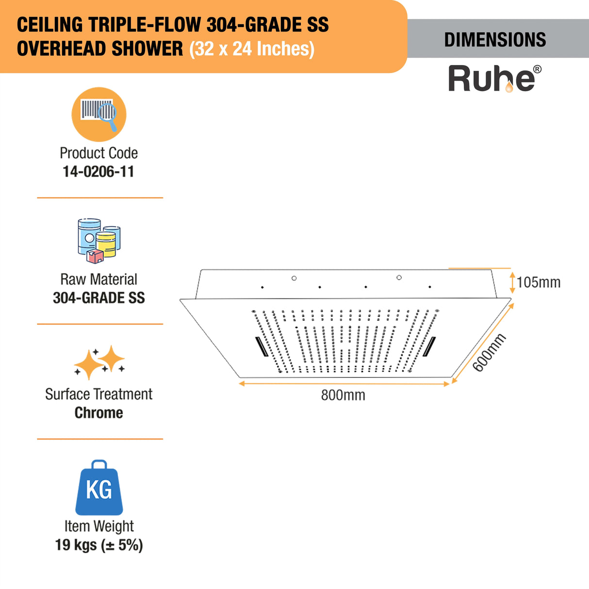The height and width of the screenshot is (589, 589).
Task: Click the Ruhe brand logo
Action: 494,79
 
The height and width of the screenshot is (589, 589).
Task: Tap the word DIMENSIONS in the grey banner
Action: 495,40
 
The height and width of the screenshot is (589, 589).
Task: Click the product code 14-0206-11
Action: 98,172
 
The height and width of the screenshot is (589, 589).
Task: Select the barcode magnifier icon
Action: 99,115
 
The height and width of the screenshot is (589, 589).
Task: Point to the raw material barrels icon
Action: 99,241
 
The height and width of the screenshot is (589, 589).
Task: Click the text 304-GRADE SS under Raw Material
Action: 99,298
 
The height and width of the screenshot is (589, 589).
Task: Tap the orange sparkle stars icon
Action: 99,362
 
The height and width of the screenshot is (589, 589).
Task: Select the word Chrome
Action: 99,413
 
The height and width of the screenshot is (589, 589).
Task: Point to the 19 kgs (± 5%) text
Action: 99,545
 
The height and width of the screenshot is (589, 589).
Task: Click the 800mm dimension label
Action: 343,395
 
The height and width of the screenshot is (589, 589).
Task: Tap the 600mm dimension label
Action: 489,353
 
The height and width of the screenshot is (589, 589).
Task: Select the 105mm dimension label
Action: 539,282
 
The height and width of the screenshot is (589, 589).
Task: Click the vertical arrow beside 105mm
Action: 512,282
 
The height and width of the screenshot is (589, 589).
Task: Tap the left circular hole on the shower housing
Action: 294,278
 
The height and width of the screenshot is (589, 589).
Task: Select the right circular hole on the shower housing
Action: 399,278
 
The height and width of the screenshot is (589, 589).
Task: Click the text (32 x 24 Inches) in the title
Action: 252,49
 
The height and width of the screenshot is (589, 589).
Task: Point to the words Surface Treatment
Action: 99,394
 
